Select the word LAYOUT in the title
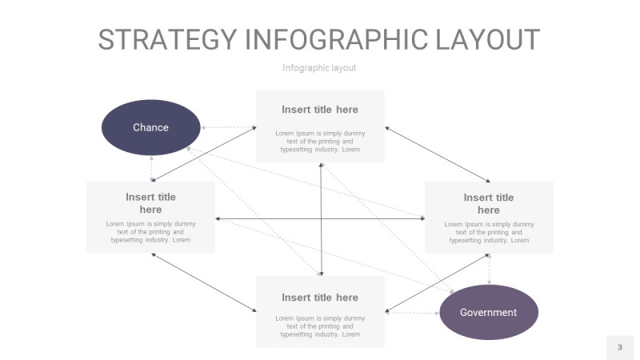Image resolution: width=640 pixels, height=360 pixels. [x=491, y=39]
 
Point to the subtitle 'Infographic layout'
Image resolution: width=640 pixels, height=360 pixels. [x=319, y=68]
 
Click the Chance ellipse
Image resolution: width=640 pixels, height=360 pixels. [x=150, y=127]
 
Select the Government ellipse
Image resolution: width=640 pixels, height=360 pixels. [x=489, y=312]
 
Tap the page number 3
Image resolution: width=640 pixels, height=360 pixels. [x=619, y=347]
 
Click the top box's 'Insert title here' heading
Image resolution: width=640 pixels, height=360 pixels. [x=320, y=110]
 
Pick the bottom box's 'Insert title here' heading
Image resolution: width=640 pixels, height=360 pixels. [x=320, y=298]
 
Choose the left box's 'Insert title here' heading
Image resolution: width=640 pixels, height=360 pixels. [x=150, y=203]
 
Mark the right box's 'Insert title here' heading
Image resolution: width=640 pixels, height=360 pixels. [x=489, y=204]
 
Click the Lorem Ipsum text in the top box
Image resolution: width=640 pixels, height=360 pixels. [x=320, y=141]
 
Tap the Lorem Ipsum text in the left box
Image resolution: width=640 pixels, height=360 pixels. [x=150, y=232]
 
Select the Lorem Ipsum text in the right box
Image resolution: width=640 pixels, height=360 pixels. [x=489, y=232]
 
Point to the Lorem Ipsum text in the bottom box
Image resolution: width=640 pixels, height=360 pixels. [x=320, y=326]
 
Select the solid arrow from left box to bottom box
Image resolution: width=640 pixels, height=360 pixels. [x=204, y=282]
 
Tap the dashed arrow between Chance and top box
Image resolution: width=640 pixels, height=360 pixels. [x=228, y=127]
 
